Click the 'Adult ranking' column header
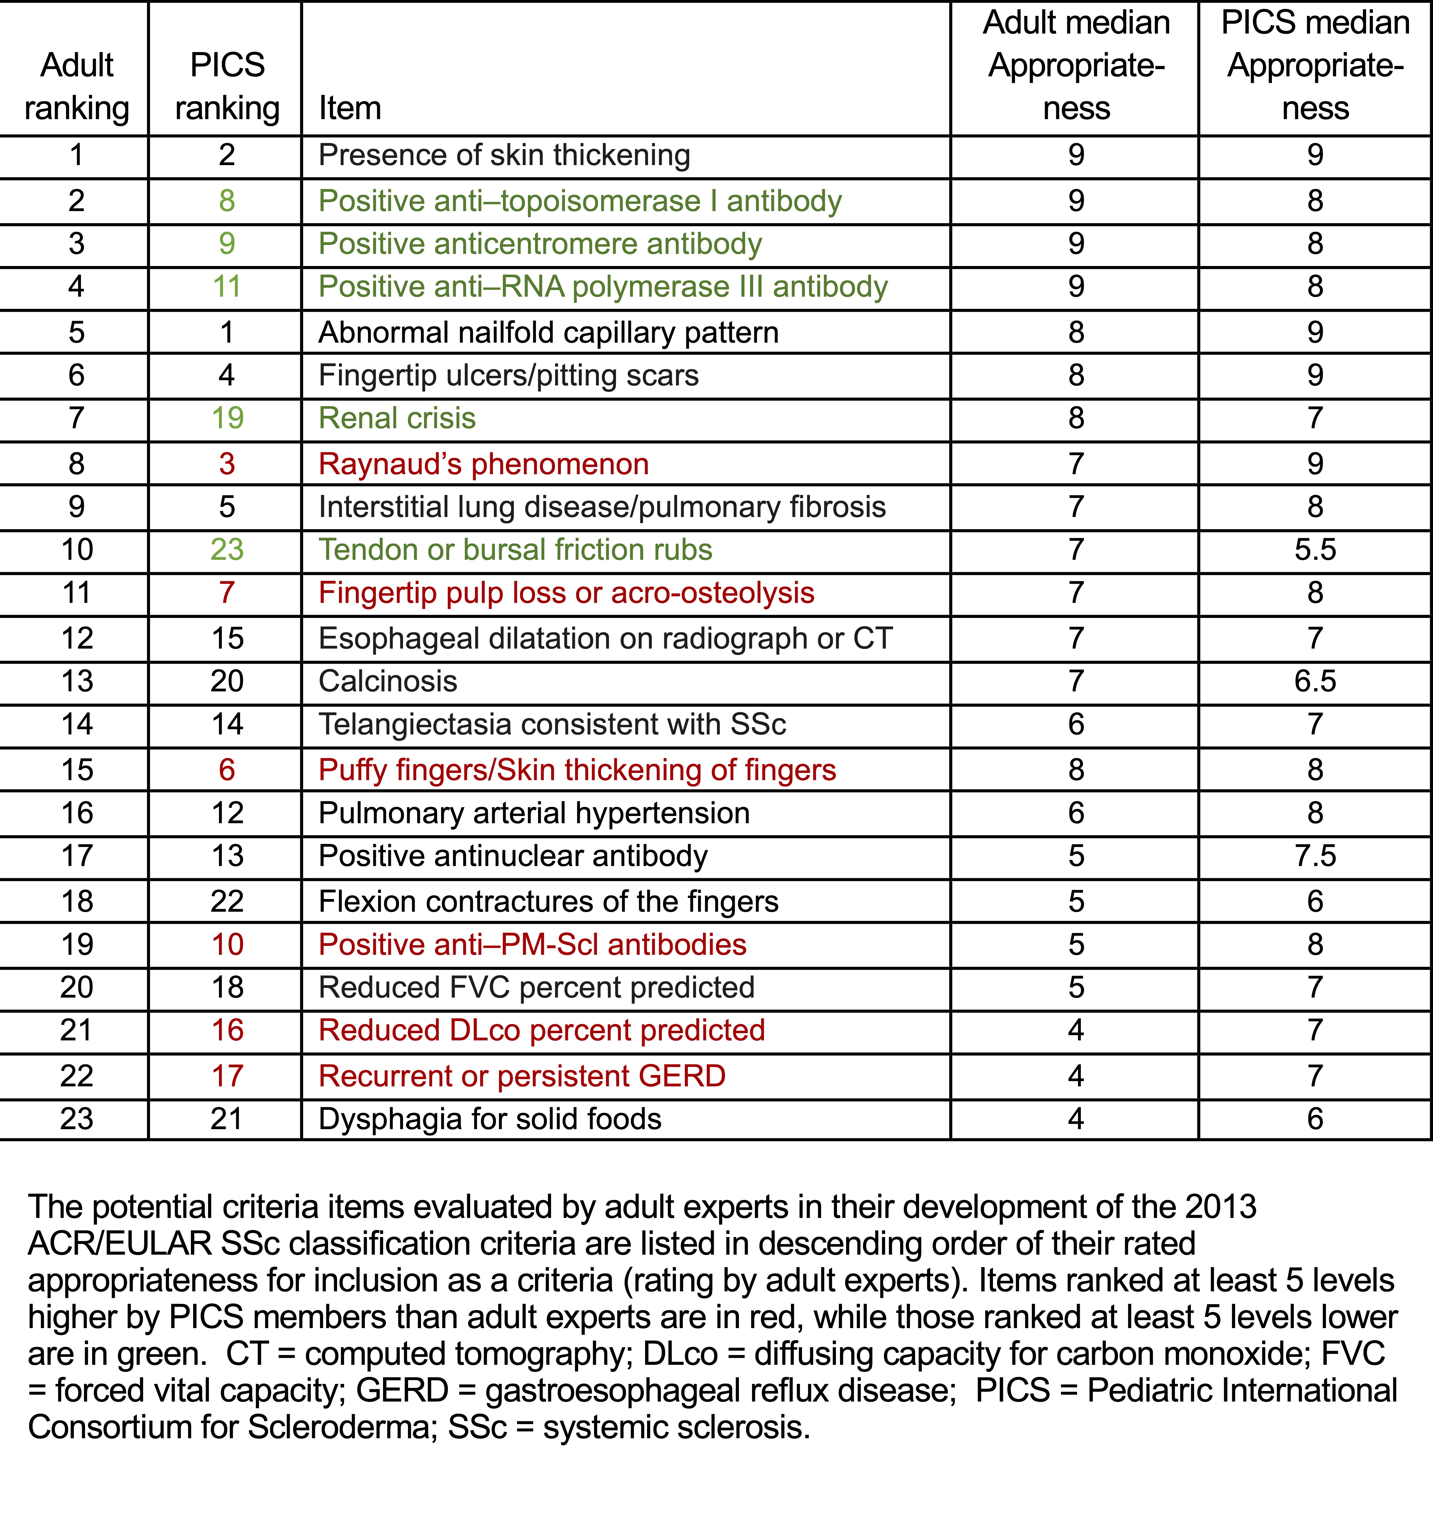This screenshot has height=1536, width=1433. point(76,86)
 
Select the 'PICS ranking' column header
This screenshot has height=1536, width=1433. point(227,86)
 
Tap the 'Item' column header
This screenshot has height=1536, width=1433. point(350,108)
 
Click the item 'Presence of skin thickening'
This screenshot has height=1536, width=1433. point(504,155)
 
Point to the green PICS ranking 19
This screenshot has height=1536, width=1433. point(227,418)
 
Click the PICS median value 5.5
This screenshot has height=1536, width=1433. point(1315,550)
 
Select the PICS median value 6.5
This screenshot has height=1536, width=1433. point(1315,682)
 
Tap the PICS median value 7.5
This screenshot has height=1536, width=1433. point(1315,856)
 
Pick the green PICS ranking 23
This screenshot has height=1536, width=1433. point(227,550)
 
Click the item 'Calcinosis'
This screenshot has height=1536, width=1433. point(388,682)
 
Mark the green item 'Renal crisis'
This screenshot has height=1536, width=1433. point(397,418)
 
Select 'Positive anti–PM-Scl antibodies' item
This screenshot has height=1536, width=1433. point(533,945)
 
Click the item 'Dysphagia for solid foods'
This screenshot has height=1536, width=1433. point(490,1120)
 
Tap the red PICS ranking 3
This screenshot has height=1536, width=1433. point(227,464)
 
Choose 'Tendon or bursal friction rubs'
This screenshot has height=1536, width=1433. point(516,550)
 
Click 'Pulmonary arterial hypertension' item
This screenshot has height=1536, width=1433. point(534,814)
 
